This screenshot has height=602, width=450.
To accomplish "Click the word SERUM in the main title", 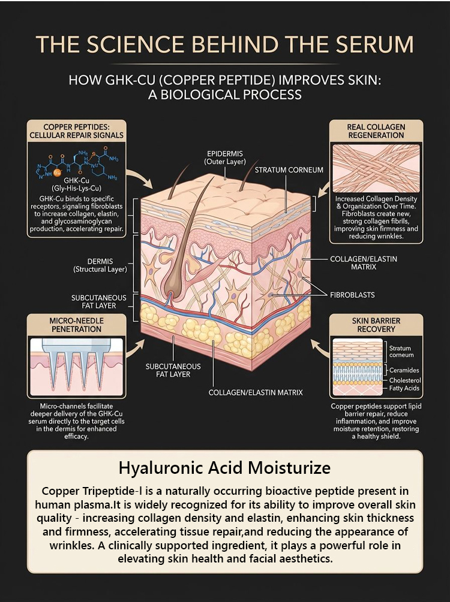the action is (374, 44).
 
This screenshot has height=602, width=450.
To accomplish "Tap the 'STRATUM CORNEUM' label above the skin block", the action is (289, 170).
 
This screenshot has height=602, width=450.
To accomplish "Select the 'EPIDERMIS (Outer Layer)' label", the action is (225, 158).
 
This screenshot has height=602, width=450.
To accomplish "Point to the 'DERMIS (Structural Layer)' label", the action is (100, 265).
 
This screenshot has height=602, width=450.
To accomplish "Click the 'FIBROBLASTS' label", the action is (352, 295).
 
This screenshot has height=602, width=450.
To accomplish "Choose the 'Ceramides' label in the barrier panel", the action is (404, 370).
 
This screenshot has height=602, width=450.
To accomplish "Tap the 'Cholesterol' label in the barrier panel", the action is (405, 380).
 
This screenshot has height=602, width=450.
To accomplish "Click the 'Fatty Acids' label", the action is (404, 388).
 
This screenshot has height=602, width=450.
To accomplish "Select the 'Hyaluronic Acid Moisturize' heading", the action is (224, 468).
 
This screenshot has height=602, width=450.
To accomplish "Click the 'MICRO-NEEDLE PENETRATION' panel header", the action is (76, 325).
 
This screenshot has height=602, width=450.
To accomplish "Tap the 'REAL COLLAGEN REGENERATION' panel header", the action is (376, 131).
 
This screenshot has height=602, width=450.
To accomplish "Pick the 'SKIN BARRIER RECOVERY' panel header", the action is (376, 325).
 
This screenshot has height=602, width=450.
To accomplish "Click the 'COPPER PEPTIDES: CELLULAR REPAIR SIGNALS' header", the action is (77, 131).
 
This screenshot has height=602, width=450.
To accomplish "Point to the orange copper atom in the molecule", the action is (58, 172).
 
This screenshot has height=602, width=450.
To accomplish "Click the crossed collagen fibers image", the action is (376, 168).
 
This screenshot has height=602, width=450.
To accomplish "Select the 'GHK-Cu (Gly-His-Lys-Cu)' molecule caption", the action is (76, 184).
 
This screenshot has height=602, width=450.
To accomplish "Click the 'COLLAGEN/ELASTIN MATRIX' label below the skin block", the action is (256, 392).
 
